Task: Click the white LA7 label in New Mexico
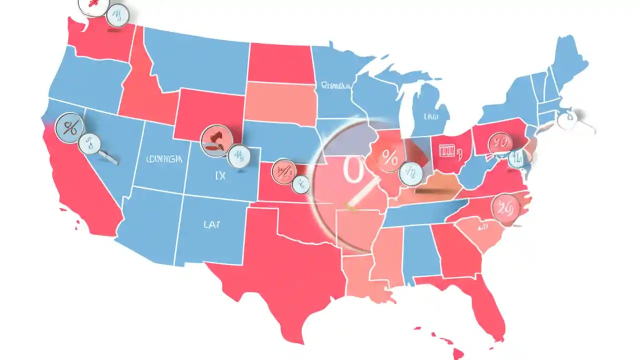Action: pyautogui.click(x=211, y=225)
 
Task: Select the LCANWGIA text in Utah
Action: pyautogui.click(x=164, y=159)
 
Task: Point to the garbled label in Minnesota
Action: pyautogui.click(x=335, y=85)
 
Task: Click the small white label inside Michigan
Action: pyautogui.click(x=431, y=117)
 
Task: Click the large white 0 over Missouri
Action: pyautogui.click(x=351, y=168)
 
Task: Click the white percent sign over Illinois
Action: pyautogui.click(x=389, y=159)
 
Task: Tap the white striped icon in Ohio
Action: pyautogui.click(x=448, y=150)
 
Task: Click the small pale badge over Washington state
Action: pyautogui.click(x=117, y=14)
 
